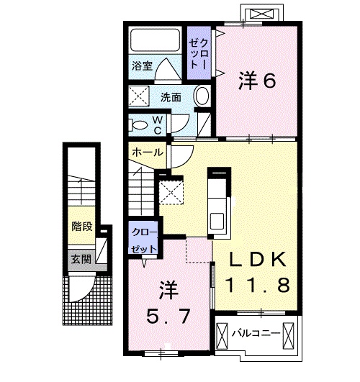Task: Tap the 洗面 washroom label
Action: (x=170, y=96)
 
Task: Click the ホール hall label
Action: (x=148, y=152)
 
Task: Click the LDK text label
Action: (x=259, y=259)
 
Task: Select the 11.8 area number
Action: (x=259, y=286)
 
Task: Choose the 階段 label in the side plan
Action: (x=81, y=226)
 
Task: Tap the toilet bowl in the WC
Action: (x=138, y=124)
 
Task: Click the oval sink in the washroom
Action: (x=202, y=96)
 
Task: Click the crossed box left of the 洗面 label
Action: (x=139, y=96)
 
